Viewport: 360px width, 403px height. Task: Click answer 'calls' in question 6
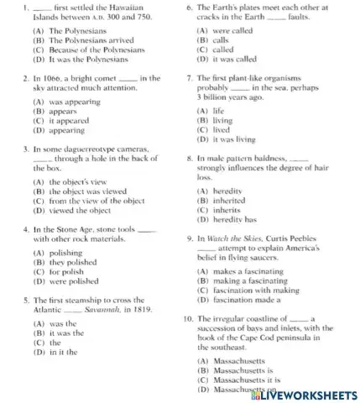click(213, 39)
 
